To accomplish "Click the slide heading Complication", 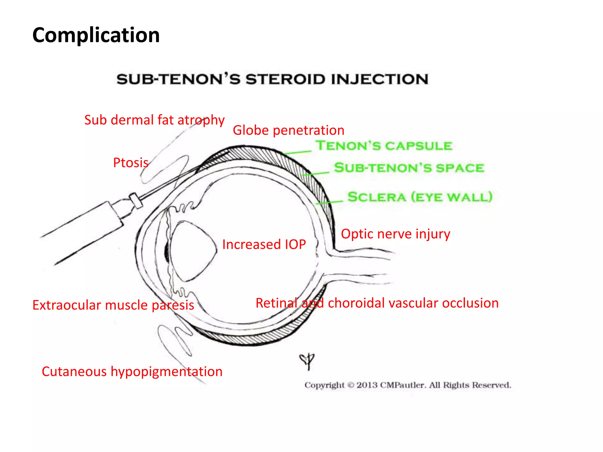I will point(96,35).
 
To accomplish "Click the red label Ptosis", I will point(131,163).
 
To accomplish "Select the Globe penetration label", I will point(288,130).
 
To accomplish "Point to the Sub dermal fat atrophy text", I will point(154,120).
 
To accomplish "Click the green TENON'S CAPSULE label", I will point(384,146).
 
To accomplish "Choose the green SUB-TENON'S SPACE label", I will point(409,168).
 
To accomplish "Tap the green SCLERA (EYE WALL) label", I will point(420,197).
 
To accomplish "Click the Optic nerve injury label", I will point(395,234).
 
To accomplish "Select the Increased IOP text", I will point(264,245).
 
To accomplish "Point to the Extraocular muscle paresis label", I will point(113,305).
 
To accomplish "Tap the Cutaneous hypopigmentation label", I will point(132,372).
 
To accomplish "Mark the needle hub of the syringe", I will point(136,200).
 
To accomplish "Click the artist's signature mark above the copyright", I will point(307,361).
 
